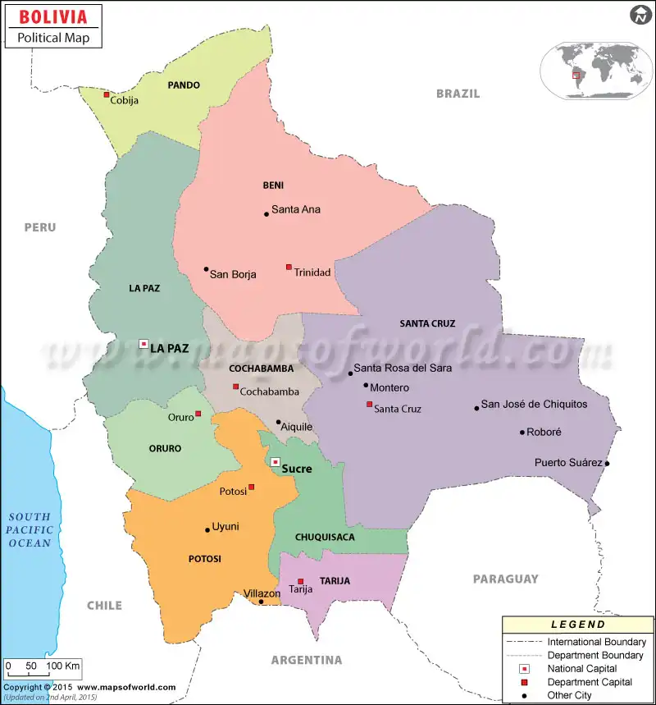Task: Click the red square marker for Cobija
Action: tap(107, 95)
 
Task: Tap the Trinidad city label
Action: tap(312, 272)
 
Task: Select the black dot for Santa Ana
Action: tap(266, 214)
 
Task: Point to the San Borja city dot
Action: tap(206, 269)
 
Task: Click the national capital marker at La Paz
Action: tap(143, 343)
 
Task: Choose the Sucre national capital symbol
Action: tap(276, 462)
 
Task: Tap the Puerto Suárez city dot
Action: tap(607, 464)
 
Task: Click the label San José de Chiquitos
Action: tap(534, 404)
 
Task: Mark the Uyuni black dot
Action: tap(207, 530)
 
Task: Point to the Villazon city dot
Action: tap(262, 602)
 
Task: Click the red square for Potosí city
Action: tap(252, 487)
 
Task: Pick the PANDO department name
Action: tap(184, 85)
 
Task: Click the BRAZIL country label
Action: tap(458, 94)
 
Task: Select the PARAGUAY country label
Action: tap(505, 579)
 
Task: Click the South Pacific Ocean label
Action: tap(30, 529)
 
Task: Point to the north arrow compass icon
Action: tap(640, 15)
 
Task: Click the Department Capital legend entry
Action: tap(589, 682)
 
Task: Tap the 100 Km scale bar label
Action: tap(63, 665)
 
